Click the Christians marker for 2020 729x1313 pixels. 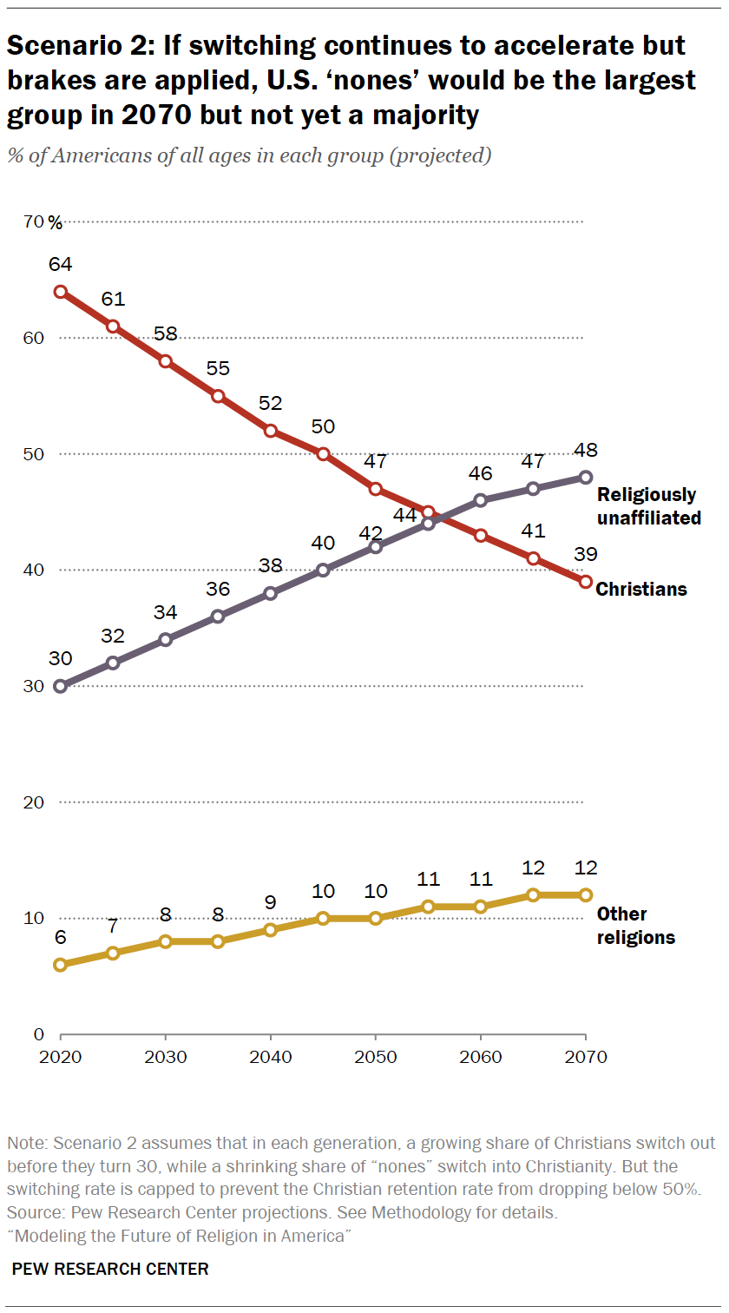61,292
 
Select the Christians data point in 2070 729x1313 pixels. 586,582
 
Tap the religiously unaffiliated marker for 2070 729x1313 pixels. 586,477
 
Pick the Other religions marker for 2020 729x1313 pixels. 61,965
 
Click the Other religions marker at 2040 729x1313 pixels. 271,930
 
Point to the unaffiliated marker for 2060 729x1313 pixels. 481,500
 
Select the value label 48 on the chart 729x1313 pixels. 586,450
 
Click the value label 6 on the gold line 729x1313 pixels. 61,938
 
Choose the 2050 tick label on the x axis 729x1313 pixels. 376,1057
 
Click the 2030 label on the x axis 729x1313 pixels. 166,1057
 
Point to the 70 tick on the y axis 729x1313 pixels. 35,222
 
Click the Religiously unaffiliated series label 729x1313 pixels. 647,506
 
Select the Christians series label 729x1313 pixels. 641,590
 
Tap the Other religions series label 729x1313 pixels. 636,926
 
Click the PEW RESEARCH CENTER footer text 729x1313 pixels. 110,1269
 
